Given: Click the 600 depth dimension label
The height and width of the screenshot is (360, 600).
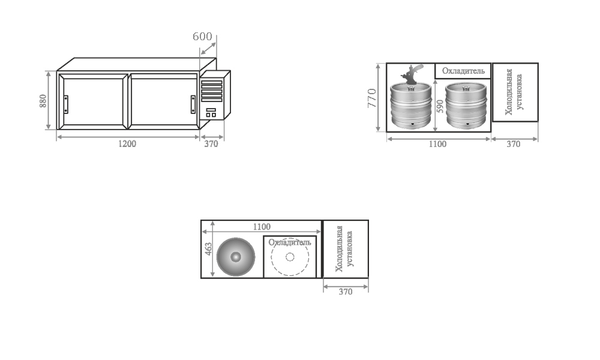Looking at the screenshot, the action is pos(202,37).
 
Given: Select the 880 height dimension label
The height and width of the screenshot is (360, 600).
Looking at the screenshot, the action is pos(43,101).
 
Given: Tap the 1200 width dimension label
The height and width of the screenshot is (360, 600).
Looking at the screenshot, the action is pos(127,144).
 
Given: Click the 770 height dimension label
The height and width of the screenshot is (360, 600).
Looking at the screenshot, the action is pos(372,98).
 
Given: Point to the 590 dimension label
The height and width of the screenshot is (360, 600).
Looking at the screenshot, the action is pos(440,106).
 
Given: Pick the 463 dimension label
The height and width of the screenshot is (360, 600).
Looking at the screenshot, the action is pos(208,249).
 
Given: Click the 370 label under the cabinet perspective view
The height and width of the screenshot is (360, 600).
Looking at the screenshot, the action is pos(211,144).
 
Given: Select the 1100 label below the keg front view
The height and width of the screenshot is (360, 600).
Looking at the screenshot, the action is pos(437,144).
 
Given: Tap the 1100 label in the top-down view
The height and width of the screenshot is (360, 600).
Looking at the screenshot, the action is pos(262,227).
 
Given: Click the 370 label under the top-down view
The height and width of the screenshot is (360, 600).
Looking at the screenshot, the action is pos(345,292).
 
